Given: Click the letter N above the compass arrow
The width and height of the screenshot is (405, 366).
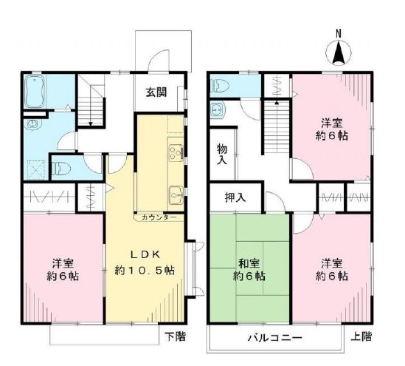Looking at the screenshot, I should coord(339,33).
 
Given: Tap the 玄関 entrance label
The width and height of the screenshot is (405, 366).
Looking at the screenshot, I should coord(156,93).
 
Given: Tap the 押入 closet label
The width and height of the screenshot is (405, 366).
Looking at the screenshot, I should coord(235,197).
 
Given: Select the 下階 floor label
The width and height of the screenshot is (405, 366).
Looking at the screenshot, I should coord(175,336).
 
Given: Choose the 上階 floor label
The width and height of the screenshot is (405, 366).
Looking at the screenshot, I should coord(361,336).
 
